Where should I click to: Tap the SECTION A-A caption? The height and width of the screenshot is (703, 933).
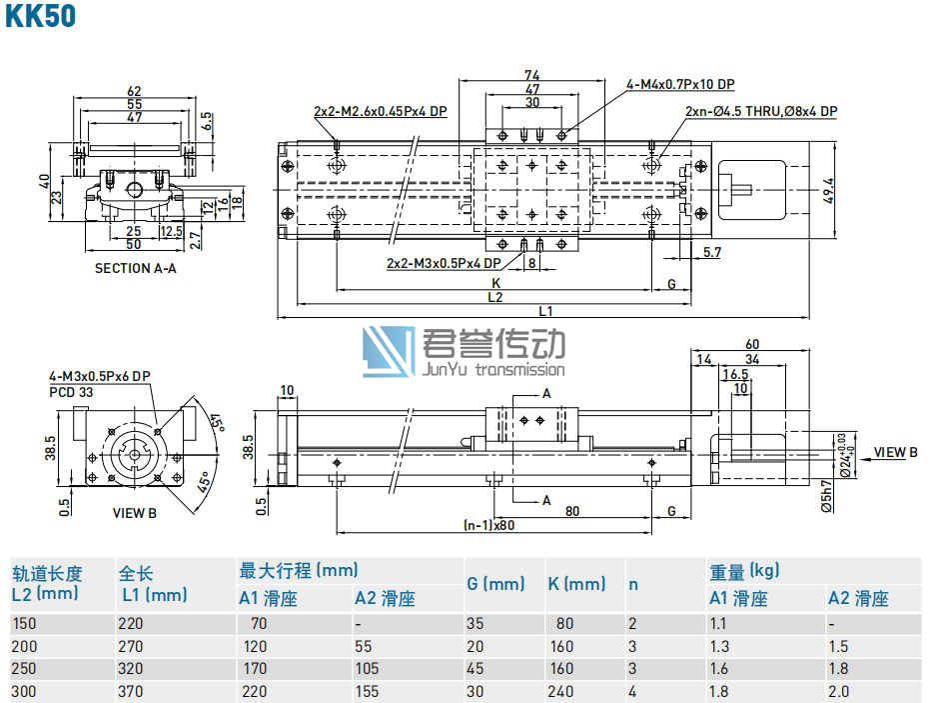(x=135, y=268)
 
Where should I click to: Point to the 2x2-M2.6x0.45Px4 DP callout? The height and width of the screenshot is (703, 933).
(x=380, y=111)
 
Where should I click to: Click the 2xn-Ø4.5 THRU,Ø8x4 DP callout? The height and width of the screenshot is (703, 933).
(x=761, y=111)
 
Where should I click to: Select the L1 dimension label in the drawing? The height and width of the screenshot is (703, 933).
(x=545, y=311)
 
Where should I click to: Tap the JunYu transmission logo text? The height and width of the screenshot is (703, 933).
(x=494, y=369)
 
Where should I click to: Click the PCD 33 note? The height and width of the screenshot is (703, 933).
(x=71, y=392)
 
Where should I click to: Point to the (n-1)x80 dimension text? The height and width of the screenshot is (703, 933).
(x=489, y=524)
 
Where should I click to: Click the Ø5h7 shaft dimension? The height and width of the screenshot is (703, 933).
(x=826, y=494)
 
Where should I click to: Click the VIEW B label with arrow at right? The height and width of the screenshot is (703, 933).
(x=895, y=452)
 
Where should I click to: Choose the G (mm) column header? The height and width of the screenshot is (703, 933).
(x=495, y=584)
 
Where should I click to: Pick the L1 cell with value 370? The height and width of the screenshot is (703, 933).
(x=131, y=691)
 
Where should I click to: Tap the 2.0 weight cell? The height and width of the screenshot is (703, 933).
(x=839, y=691)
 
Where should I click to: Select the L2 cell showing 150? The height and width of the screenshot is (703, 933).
(x=22, y=623)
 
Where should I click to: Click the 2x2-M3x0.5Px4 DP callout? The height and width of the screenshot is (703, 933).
(x=444, y=264)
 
